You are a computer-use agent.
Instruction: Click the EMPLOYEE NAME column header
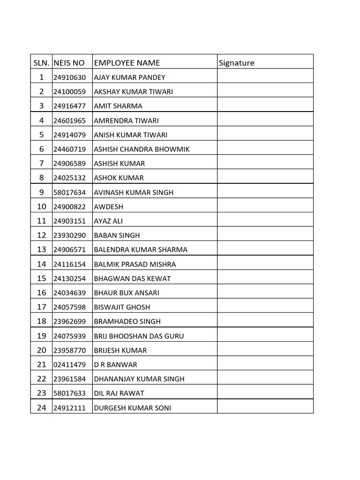pyautogui.click(x=127, y=63)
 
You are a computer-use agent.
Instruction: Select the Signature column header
pyautogui.click(x=237, y=63)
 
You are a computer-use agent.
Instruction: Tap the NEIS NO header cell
pyautogui.click(x=69, y=63)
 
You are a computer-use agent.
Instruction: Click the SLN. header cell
pyautogui.click(x=41, y=63)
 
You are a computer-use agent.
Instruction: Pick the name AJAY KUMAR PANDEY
pyautogui.click(x=130, y=77)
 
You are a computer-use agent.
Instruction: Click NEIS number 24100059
pyautogui.click(x=69, y=92)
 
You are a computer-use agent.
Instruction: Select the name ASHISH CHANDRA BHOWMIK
pyautogui.click(x=142, y=150)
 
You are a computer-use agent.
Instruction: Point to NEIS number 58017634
pyautogui.click(x=69, y=193)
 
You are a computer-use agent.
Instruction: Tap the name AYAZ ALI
pyautogui.click(x=108, y=221)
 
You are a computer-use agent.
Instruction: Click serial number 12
pyautogui.click(x=41, y=235)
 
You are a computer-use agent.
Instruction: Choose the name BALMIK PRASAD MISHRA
pyautogui.click(x=135, y=264)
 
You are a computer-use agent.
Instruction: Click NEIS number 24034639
pyautogui.click(x=69, y=293)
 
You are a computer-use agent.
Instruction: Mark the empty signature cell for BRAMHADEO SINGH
pyautogui.click(x=265, y=322)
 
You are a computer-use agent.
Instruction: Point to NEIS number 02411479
pyautogui.click(x=69, y=365)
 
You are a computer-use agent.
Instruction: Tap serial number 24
pyautogui.click(x=41, y=408)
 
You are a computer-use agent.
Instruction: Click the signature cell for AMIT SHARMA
pyautogui.click(x=265, y=106)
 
